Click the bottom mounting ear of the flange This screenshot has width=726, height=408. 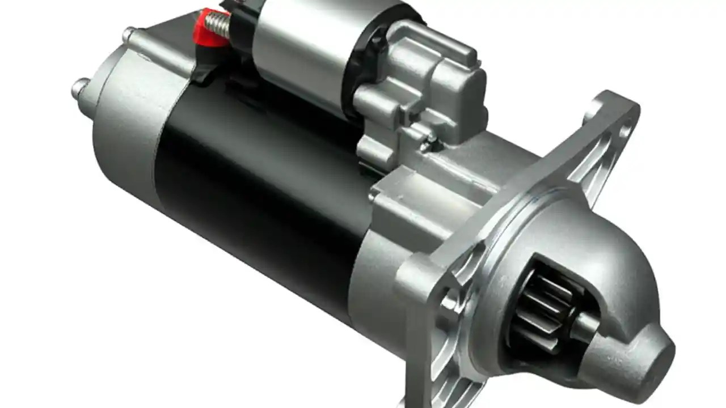click(x=448, y=363)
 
